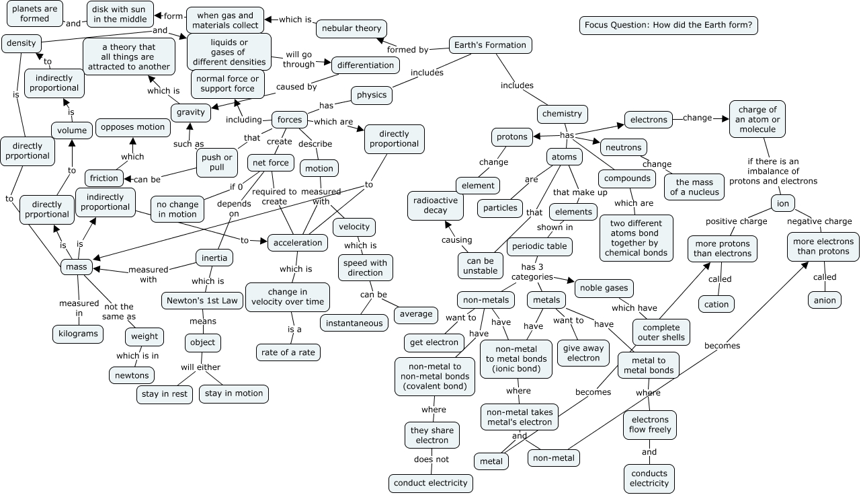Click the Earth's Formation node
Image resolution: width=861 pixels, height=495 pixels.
[490, 45]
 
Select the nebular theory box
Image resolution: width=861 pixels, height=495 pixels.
[352, 28]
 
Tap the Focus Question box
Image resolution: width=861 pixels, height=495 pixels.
[669, 26]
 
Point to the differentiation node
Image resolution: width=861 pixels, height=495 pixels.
[366, 65]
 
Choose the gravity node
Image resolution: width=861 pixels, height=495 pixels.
[190, 113]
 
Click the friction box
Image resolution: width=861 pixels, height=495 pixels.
[104, 178]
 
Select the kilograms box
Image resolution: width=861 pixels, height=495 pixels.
[79, 334]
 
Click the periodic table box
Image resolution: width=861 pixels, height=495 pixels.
[540, 247]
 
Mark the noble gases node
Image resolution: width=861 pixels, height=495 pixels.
[603, 288]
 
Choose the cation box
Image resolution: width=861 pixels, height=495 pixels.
[716, 304]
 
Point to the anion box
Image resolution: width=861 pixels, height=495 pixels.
[824, 300]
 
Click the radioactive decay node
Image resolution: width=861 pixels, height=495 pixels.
[436, 205]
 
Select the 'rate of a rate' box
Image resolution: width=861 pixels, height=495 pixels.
[288, 352]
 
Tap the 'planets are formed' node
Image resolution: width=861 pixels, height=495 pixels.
[31, 13]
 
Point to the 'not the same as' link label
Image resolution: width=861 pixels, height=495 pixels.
[119, 311]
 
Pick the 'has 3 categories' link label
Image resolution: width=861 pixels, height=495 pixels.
[532, 272]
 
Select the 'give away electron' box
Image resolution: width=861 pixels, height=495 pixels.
[583, 352]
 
